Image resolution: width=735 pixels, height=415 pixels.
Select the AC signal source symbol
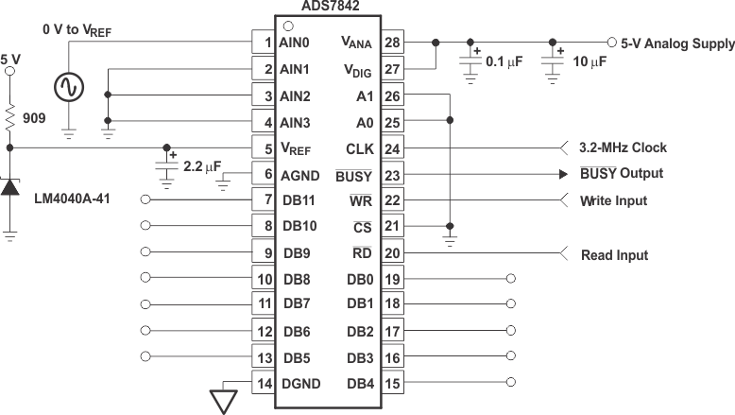(69, 88)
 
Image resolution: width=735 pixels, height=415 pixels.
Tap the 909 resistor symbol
(10, 117)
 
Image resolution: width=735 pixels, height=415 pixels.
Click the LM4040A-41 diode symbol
(10, 186)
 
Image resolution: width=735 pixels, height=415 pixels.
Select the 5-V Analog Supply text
(677, 43)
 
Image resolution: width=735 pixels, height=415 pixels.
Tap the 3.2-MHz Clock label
(623, 147)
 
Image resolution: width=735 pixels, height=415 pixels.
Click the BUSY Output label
(622, 174)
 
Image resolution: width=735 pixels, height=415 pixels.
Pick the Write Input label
(613, 200)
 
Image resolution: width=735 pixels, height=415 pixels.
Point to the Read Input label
(614, 255)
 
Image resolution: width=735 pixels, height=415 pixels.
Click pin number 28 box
(394, 43)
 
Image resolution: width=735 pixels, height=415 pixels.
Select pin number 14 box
(264, 383)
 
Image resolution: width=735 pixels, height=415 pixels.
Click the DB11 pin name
(298, 200)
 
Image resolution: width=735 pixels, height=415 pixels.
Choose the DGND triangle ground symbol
(223, 401)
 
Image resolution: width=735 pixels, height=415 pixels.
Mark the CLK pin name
(361, 148)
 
